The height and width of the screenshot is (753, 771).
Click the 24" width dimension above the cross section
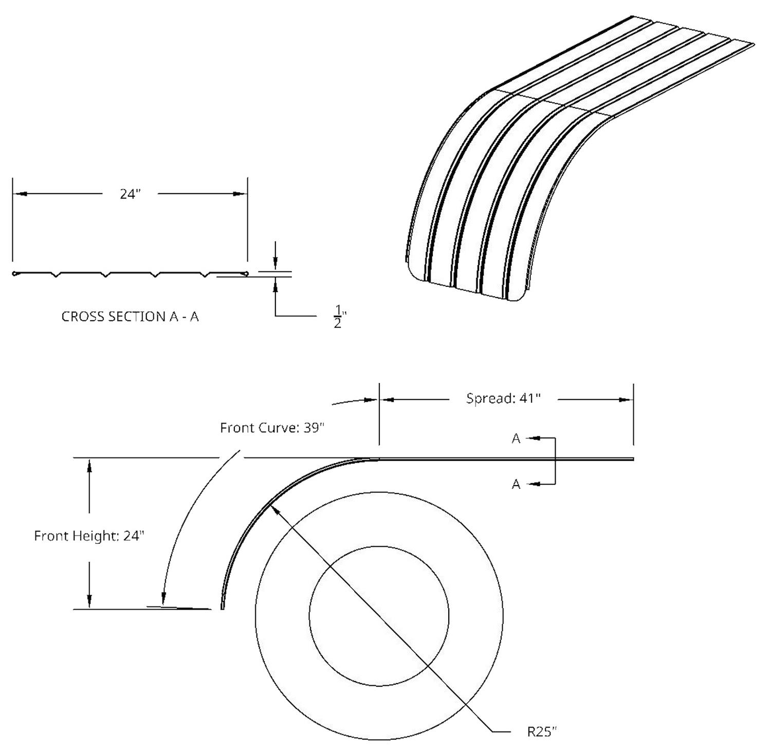click(130, 194)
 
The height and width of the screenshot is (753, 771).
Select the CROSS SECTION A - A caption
click(130, 317)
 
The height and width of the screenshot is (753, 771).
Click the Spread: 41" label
click(503, 398)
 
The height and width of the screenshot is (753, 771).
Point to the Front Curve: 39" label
click(272, 428)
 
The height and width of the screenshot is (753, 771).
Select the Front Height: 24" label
click(89, 536)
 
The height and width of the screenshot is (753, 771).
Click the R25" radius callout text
click(542, 731)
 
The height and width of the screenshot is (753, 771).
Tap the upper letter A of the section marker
click(516, 438)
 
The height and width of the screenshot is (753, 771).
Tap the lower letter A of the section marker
click(516, 484)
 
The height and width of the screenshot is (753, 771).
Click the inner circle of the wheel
click(379, 546)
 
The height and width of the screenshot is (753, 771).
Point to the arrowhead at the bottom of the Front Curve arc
click(163, 598)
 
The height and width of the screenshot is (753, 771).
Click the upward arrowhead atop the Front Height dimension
click(89, 465)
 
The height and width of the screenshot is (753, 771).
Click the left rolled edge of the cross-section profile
click(16, 273)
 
